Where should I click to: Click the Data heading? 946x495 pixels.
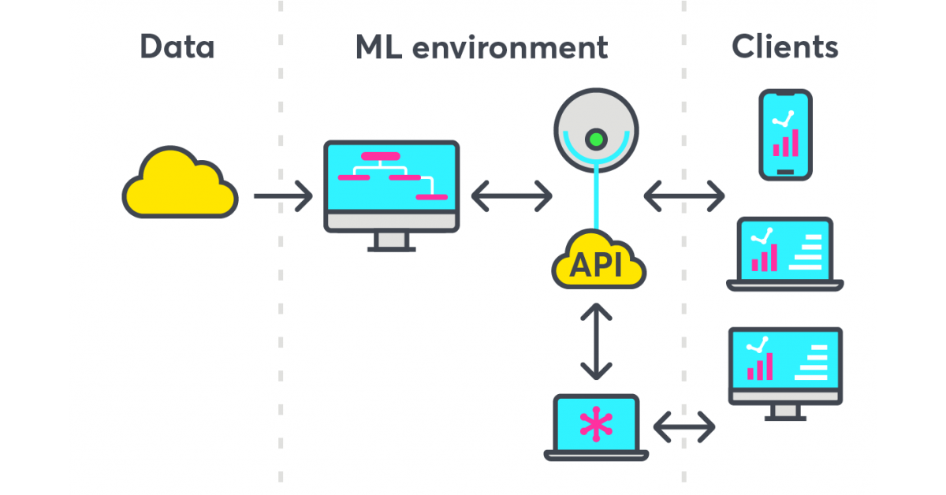pyautogui.click(x=177, y=47)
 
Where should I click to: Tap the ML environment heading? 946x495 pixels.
pyautogui.click(x=481, y=47)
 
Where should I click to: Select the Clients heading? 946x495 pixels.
pyautogui.click(x=785, y=47)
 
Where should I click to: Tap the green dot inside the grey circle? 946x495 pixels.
pyautogui.click(x=596, y=140)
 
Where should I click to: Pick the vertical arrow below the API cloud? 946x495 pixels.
pyautogui.click(x=596, y=342)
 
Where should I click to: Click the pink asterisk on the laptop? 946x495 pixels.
pyautogui.click(x=596, y=423)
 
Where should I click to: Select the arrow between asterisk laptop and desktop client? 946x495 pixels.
pyautogui.click(x=684, y=427)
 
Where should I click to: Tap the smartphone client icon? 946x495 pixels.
pyautogui.click(x=785, y=134)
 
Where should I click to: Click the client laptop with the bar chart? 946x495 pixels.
pyautogui.click(x=784, y=252)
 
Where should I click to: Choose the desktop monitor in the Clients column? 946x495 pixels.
pyautogui.click(x=785, y=367)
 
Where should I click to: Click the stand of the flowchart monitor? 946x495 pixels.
pyautogui.click(x=392, y=241)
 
